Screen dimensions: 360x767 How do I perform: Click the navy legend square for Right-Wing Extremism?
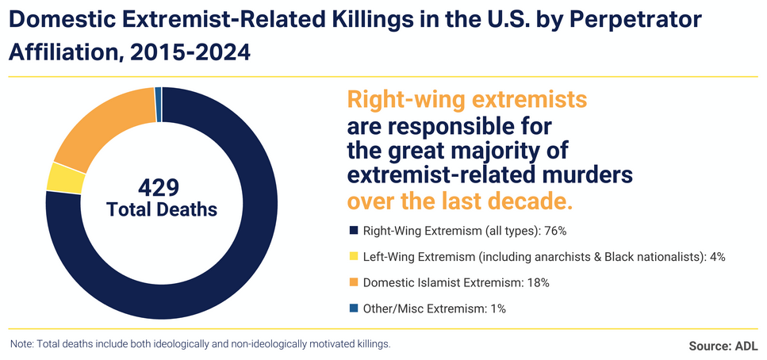[353, 232]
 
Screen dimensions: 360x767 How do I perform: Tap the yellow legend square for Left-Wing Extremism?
[353, 257]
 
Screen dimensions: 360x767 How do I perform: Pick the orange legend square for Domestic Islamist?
[353, 282]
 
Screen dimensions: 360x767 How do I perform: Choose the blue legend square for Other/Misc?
[353, 308]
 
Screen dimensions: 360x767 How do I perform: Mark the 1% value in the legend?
[496, 308]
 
